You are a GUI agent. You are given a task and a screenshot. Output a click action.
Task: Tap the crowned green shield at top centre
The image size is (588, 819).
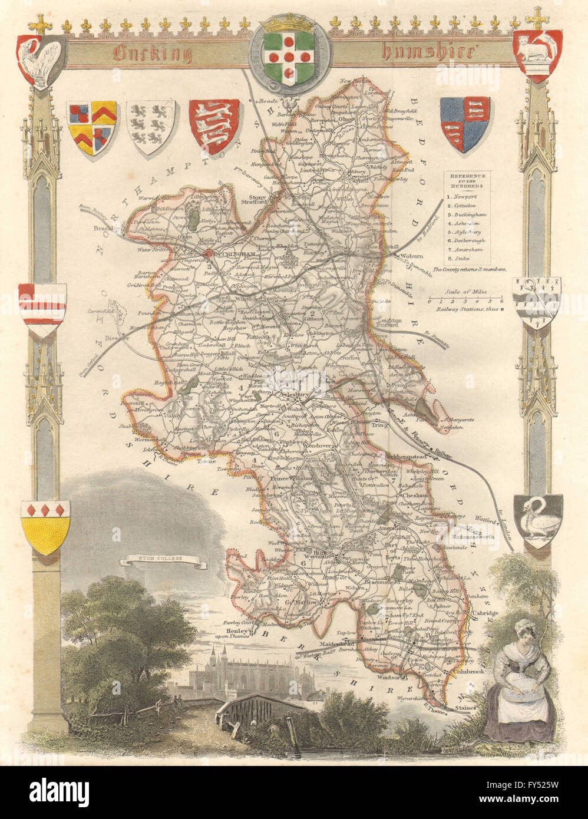click(x=292, y=56)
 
